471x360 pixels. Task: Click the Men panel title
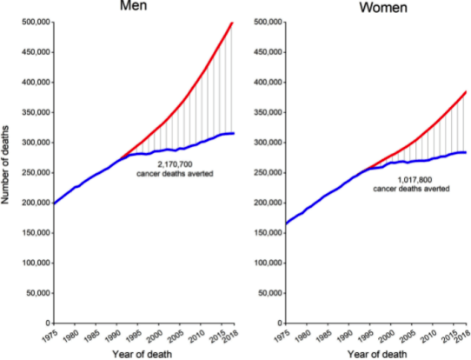(133, 5)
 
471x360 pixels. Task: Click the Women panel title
(383, 7)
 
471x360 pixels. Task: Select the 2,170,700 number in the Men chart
(176, 164)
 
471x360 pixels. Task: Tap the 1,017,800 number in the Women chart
(415, 180)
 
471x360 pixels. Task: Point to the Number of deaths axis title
(5, 165)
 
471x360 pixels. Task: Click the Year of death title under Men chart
(143, 354)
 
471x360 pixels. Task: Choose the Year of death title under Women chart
(377, 354)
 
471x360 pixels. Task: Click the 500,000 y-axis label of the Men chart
(36, 22)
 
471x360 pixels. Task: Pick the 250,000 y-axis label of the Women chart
(269, 173)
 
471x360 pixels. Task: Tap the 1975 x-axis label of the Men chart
(50, 336)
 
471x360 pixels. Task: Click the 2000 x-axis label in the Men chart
(155, 337)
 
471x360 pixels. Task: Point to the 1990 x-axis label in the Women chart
(344, 337)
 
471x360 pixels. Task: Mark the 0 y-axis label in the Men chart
(48, 323)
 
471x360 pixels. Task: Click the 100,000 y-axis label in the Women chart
(269, 263)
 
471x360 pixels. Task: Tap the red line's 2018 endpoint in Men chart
(232, 23)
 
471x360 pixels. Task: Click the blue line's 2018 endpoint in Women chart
(465, 152)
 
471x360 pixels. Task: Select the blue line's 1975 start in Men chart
(55, 203)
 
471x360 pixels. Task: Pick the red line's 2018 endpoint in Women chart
(466, 92)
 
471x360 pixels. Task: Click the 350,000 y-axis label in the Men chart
(36, 112)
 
